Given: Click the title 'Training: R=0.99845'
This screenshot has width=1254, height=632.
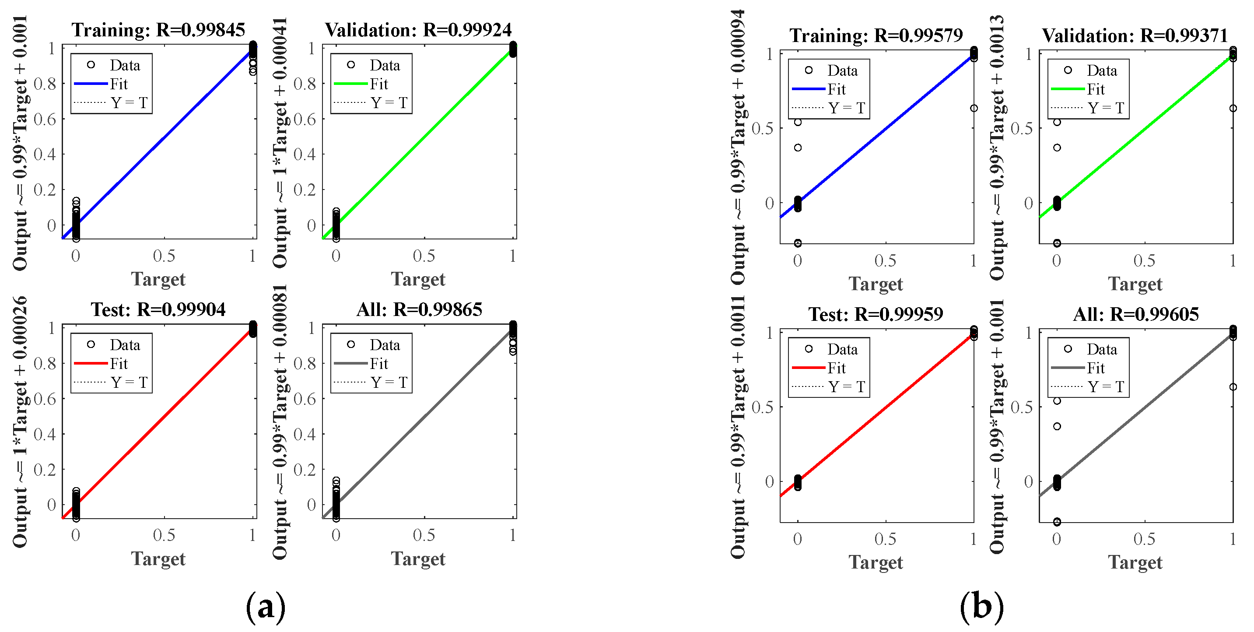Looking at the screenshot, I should (x=158, y=30).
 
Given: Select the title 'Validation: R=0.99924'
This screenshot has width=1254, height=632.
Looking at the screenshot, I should (x=418, y=30).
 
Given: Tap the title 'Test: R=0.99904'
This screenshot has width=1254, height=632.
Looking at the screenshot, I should (x=158, y=310).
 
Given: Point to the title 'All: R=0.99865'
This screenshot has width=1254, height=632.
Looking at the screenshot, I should (x=419, y=310).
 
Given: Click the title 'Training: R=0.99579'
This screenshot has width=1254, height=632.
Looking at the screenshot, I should (x=876, y=35).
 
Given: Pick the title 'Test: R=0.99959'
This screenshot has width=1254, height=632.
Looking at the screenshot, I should (x=876, y=315).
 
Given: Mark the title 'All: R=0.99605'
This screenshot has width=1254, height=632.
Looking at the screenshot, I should (x=1136, y=315).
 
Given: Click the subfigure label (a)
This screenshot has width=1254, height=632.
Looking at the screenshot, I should (x=265, y=607).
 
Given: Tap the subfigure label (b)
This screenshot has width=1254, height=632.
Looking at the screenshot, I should (x=982, y=607).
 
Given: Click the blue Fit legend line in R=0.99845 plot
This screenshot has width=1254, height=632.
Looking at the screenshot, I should (x=91, y=84).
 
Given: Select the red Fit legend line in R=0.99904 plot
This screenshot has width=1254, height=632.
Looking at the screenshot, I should (x=91, y=363).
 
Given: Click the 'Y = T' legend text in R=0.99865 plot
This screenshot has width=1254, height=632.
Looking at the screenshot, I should (x=389, y=383).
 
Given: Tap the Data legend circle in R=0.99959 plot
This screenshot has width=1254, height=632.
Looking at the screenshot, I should (x=809, y=349).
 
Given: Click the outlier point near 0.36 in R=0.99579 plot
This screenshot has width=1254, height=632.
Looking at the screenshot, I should (x=798, y=147).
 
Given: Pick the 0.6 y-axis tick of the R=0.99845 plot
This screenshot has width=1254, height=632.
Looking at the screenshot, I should (x=45, y=119).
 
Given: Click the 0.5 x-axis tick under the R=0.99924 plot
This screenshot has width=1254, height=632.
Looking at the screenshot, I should (x=424, y=256).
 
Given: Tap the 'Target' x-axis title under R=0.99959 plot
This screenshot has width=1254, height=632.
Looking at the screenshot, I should (x=876, y=562).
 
